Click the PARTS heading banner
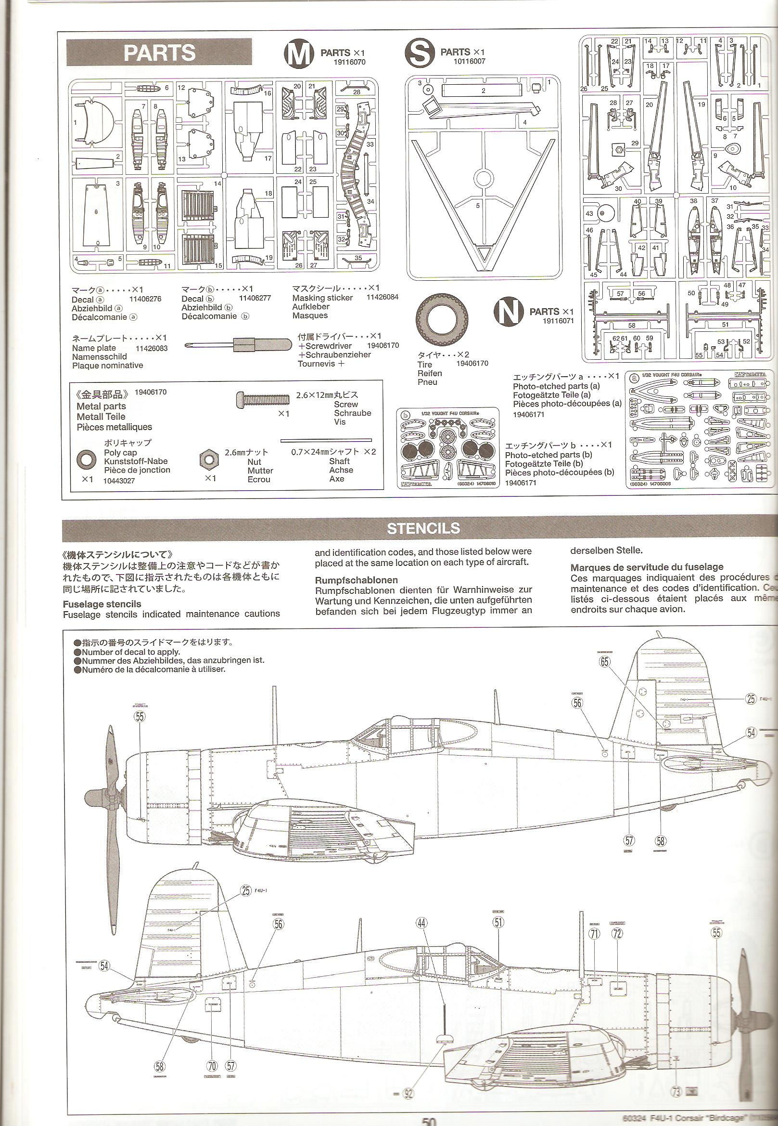pyautogui.click(x=159, y=52)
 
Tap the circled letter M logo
pyautogui.click(x=298, y=53)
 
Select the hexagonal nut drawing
pyautogui.click(x=209, y=459)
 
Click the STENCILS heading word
pyautogui.click(x=423, y=528)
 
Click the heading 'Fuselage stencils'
pyautogui.click(x=102, y=604)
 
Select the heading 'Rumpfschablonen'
pyautogui.click(x=349, y=580)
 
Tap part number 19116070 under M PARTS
pyautogui.click(x=349, y=62)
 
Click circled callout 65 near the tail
pyautogui.click(x=605, y=662)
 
